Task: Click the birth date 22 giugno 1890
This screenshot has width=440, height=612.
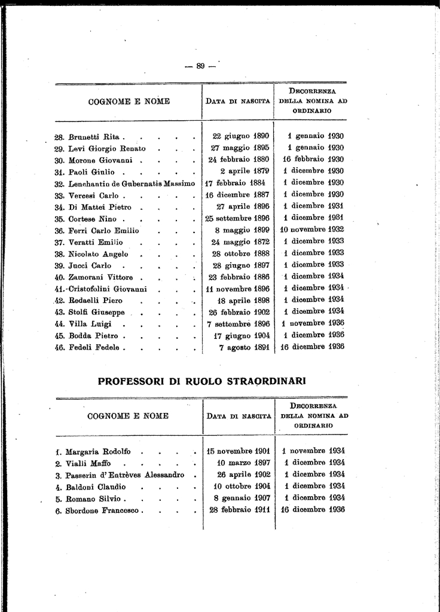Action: click(241, 136)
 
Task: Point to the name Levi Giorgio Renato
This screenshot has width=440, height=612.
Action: click(107, 148)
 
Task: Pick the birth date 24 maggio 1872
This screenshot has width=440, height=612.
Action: click(240, 241)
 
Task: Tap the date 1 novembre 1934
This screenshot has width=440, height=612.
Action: click(313, 451)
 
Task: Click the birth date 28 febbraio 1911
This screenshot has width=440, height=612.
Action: click(240, 510)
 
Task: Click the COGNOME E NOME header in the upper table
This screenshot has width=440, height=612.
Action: click(129, 102)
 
